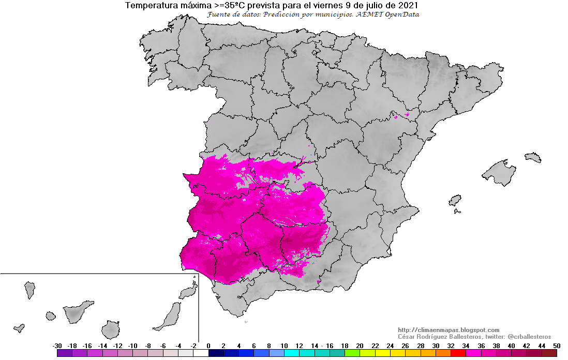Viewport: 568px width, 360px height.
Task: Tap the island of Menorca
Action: click(x=532, y=157)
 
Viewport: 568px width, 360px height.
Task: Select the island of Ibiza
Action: click(x=455, y=200)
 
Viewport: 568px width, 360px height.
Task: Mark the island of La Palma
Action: click(x=30, y=290)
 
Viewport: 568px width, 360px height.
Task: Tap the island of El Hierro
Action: click(x=19, y=328)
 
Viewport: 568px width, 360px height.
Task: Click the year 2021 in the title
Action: click(x=407, y=5)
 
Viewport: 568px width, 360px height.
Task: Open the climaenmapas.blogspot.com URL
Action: click(x=449, y=330)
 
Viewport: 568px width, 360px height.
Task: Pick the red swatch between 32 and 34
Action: click(x=458, y=353)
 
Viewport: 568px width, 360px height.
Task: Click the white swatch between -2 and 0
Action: click(x=201, y=353)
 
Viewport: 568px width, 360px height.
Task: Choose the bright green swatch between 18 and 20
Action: click(x=352, y=353)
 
